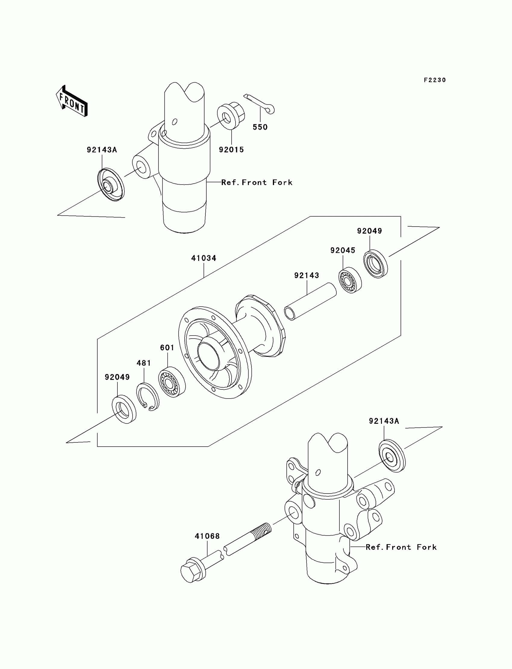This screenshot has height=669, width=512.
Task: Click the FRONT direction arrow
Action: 72,101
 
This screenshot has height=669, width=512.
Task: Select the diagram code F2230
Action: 435,80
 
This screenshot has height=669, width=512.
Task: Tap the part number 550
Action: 260,127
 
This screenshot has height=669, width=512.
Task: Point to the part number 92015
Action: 231,150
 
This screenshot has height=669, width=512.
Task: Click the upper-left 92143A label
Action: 102,150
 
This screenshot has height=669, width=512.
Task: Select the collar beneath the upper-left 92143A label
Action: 111,184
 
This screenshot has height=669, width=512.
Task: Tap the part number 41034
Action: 204,258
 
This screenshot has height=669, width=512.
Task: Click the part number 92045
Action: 343,250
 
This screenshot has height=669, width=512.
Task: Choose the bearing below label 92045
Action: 350,280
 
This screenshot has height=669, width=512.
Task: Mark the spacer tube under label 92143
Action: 310,301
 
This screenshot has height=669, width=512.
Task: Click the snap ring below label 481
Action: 148,396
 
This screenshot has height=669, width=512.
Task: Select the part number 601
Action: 167,348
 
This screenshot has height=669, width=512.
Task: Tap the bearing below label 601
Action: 172,382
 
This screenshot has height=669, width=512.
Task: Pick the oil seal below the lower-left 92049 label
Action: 124,409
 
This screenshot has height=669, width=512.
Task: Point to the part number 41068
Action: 207,536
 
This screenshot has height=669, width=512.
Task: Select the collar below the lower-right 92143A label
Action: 392,456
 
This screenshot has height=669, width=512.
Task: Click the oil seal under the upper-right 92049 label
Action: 376,263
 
